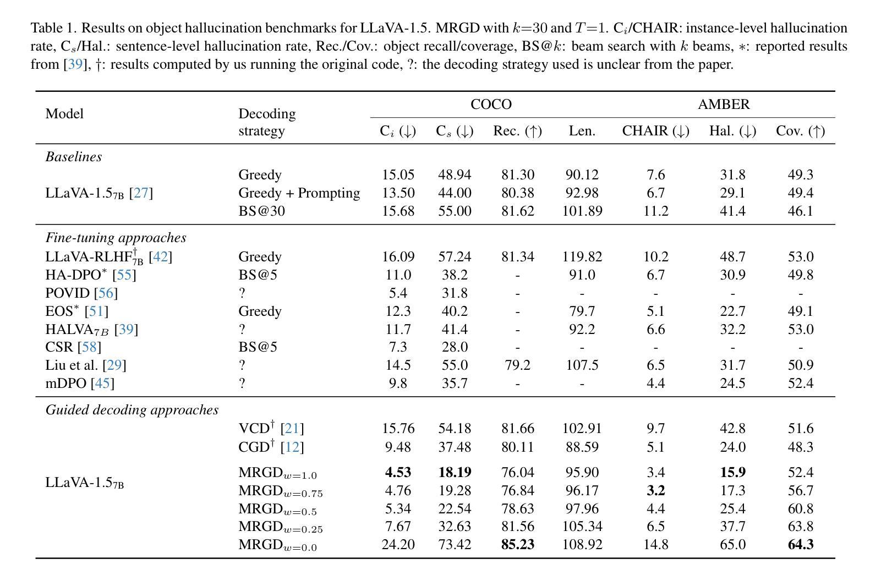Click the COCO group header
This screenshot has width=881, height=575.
491,104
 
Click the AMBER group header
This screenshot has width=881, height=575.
724,104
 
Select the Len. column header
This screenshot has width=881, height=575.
582,130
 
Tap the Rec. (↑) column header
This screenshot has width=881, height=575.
518,130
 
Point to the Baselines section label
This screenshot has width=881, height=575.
74,156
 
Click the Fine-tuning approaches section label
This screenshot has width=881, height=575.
116,238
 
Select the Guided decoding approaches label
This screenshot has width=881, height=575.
132,410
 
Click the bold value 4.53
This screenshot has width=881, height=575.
398,472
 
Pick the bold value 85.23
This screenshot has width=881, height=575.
518,544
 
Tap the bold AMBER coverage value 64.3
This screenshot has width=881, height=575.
801,544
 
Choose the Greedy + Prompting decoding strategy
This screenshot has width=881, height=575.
299,193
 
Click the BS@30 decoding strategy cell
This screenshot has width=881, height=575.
261,211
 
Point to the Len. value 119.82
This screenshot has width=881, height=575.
582,256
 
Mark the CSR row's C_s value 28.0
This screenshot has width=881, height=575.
455,347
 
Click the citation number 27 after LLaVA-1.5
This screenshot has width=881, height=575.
141,193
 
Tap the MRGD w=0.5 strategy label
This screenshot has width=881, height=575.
278,509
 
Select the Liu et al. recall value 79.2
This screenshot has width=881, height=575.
518,365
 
